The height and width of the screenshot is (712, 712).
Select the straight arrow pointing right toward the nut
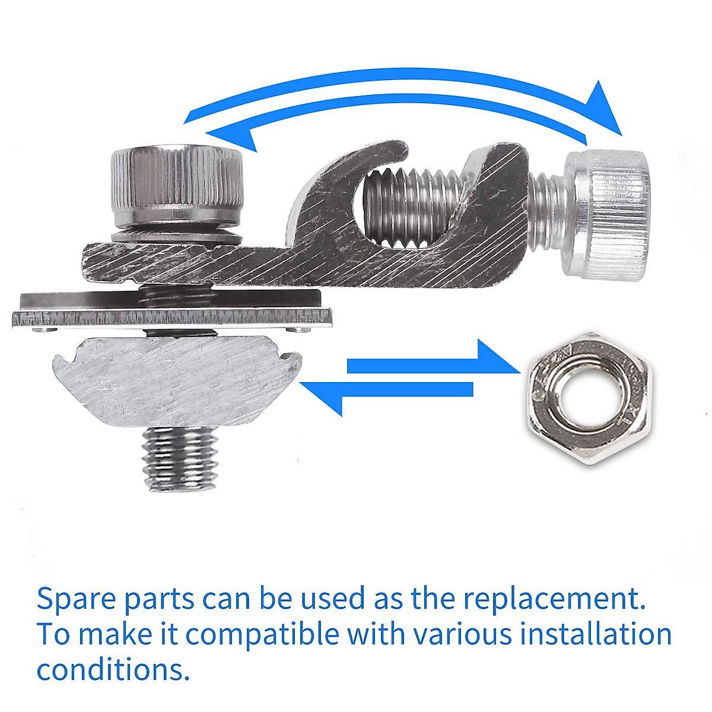pos(433,362)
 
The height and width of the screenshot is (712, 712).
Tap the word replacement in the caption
pos(554,599)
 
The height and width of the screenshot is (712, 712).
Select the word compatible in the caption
pos(261,635)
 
